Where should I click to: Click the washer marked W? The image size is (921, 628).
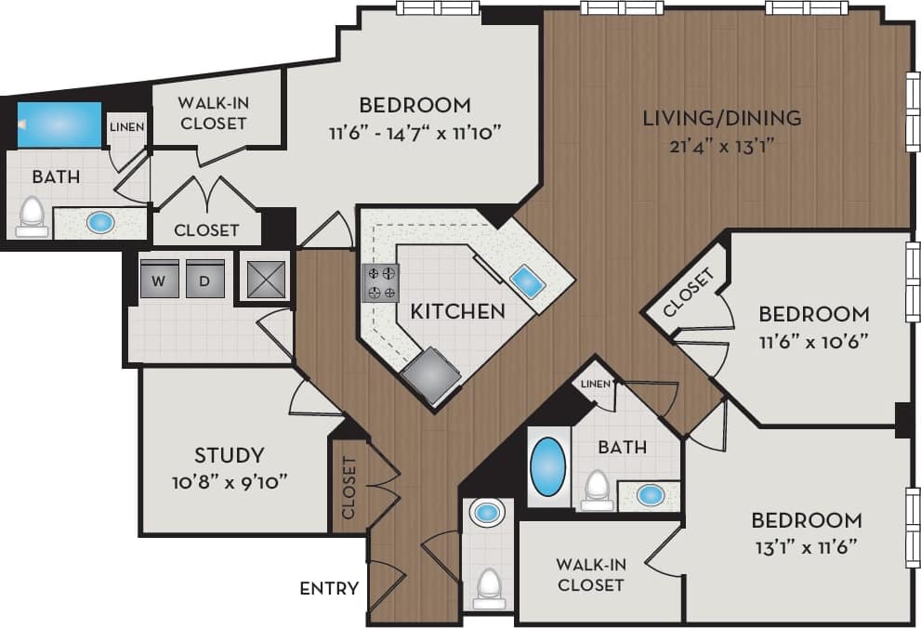(x=159, y=279)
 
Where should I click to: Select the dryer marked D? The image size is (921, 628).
(x=205, y=279)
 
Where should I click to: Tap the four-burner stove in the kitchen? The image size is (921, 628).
(x=380, y=282)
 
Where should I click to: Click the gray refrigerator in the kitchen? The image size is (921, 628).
(x=431, y=375)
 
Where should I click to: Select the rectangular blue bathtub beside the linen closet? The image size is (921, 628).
(x=59, y=124)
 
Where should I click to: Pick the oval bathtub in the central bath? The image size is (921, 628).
(x=547, y=466)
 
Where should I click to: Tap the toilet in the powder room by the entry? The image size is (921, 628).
(x=488, y=586)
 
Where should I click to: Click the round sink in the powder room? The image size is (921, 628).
(x=487, y=512)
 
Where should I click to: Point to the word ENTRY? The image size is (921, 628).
(x=329, y=588)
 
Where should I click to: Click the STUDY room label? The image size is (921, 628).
(x=229, y=455)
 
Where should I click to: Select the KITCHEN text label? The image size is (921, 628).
(x=458, y=311)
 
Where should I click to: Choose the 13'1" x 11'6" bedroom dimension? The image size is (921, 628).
(x=806, y=545)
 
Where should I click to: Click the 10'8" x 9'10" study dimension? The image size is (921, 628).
(x=229, y=481)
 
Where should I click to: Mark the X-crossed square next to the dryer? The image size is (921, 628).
(x=264, y=277)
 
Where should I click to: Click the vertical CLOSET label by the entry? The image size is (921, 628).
(x=349, y=487)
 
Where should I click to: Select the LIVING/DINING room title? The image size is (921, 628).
(x=722, y=118)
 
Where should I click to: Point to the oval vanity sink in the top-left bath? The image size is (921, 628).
(x=100, y=223)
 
